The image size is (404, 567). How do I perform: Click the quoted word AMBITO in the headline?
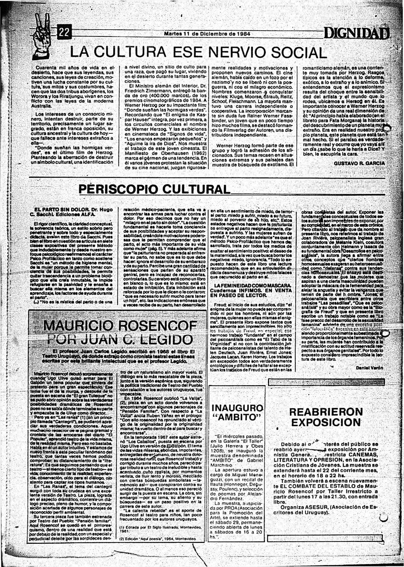coord(237,417)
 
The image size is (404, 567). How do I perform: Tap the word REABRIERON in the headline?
coord(326,412)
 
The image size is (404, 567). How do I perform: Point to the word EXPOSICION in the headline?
coord(326,423)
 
